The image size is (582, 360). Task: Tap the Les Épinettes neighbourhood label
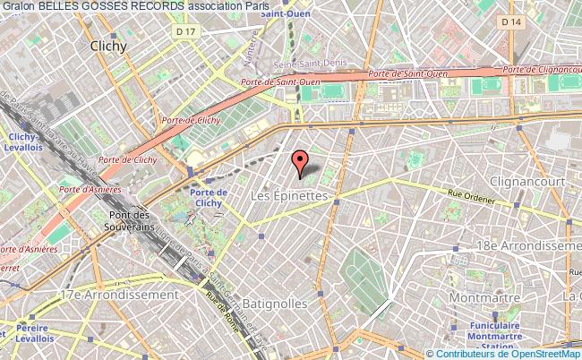click(291, 194)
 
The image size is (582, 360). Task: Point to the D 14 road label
click(535, 45)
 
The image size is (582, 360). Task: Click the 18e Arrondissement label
click(535, 244)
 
